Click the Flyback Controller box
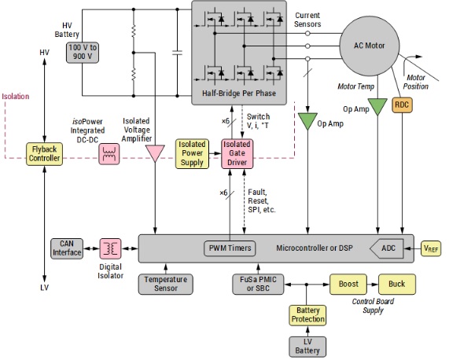click(44, 154)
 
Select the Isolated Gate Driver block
click(237, 153)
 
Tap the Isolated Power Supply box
click(192, 153)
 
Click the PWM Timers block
click(230, 248)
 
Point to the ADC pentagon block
click(387, 248)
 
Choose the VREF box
click(431, 248)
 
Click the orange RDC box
click(402, 105)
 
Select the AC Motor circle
click(369, 46)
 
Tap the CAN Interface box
click(67, 248)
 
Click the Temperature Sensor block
click(165, 285)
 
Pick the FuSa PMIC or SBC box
click(258, 285)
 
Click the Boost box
click(348, 285)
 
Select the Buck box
click(397, 285)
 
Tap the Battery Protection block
click(307, 315)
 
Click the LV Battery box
click(307, 347)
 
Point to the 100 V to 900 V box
click(83, 53)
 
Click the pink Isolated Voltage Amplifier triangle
click(155, 153)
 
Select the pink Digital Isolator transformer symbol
click(110, 248)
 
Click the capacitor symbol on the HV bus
click(177, 53)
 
